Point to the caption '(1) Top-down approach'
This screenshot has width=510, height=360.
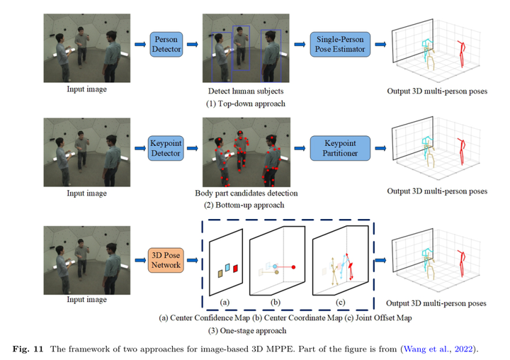click(245, 104)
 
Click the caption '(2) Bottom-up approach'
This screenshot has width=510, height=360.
click(245, 205)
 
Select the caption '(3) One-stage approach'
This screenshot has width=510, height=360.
click(245, 331)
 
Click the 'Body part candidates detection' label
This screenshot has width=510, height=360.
click(245, 193)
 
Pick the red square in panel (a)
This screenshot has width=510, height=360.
click(236, 268)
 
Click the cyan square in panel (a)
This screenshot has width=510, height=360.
click(227, 266)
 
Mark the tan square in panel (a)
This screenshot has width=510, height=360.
click(220, 273)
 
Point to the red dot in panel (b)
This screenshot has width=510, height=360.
click(293, 269)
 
